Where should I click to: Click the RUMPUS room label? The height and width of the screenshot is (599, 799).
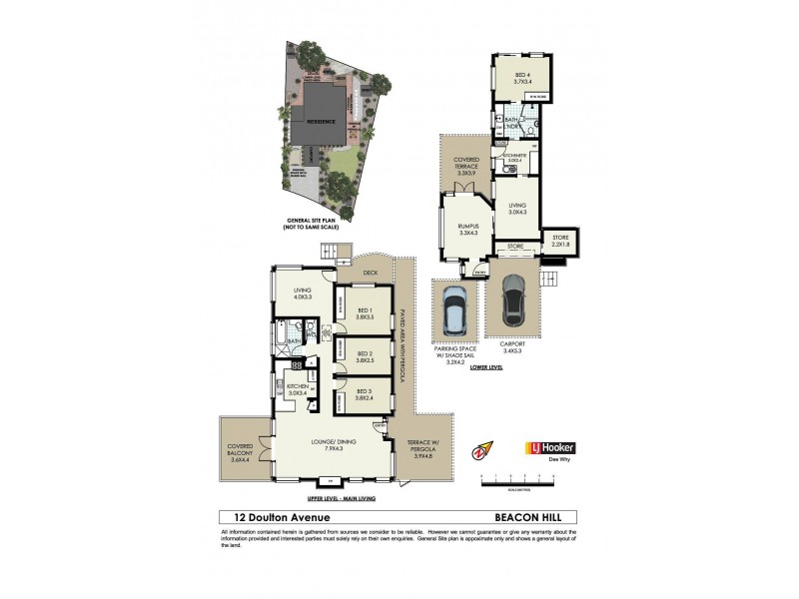click(x=469, y=230)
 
